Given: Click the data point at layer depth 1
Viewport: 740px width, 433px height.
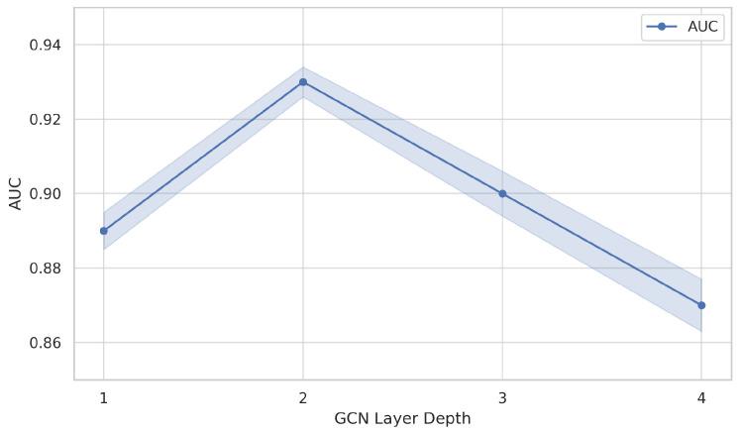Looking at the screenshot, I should [x=104, y=231].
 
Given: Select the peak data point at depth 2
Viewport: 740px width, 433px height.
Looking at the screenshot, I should [x=303, y=82].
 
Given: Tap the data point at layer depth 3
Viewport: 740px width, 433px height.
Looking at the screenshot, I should [x=502, y=193].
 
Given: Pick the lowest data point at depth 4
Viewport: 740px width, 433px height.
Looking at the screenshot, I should [x=701, y=305].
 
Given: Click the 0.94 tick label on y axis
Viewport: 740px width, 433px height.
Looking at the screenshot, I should [x=45, y=46].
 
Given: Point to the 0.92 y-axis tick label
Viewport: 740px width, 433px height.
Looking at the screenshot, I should [x=45, y=120].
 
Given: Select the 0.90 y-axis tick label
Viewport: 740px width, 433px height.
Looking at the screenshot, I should [x=45, y=194].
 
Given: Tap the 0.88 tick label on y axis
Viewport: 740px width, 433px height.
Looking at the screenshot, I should [x=45, y=269].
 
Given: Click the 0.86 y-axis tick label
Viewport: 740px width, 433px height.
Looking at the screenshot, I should [x=45, y=343].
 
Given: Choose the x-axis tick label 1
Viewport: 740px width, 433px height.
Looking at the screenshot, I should [x=104, y=398].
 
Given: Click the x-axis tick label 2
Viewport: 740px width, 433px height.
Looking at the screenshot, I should [x=303, y=398].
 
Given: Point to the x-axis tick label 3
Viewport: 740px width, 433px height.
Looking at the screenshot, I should [x=502, y=398].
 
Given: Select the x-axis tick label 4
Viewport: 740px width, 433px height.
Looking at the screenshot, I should [x=701, y=398].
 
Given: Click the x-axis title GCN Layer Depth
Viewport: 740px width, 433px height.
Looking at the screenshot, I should [x=402, y=418].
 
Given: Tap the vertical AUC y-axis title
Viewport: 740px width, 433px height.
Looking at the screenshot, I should [x=16, y=193].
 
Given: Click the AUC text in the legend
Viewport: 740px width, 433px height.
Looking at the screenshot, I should [x=702, y=27].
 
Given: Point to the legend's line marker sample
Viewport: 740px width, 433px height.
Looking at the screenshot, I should [x=662, y=27].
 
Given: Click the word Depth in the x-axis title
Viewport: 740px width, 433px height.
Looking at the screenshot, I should [x=449, y=418].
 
